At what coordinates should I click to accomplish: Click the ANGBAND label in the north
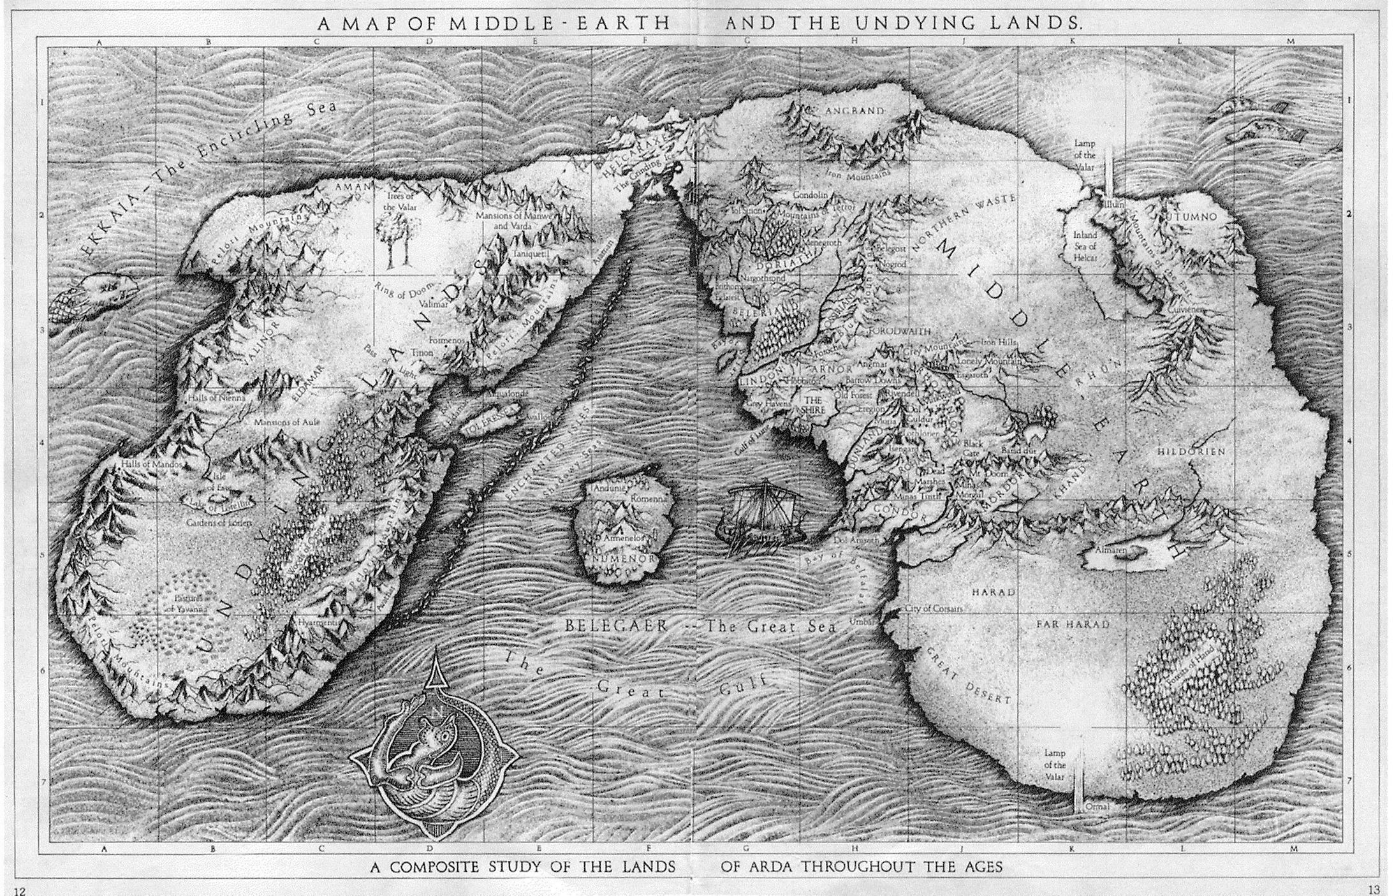pos(855,111)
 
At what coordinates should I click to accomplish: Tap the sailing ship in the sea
pos(759,515)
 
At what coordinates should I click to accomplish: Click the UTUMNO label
pos(1191,217)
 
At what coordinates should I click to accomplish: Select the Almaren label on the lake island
pos(1110,549)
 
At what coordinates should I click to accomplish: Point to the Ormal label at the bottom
pos(1097,807)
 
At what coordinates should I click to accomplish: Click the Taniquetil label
pos(531,254)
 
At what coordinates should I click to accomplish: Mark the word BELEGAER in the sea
pos(616,626)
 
